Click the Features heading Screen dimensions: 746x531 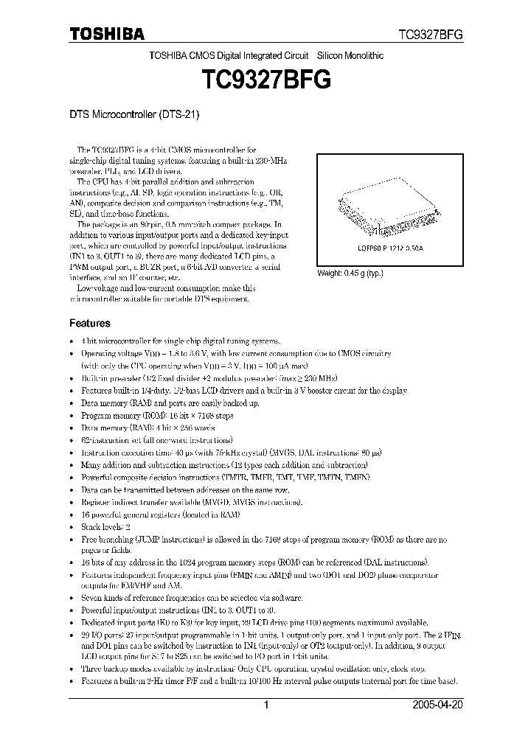90,323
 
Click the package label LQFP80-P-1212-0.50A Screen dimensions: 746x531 383,250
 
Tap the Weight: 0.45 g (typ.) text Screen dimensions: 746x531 350,273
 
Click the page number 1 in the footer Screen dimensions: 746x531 266,705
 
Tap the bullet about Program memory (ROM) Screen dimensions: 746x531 158,416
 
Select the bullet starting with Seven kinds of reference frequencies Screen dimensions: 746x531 192,598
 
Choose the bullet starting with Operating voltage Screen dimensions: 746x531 236,354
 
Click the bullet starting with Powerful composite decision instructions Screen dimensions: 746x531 225,478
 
